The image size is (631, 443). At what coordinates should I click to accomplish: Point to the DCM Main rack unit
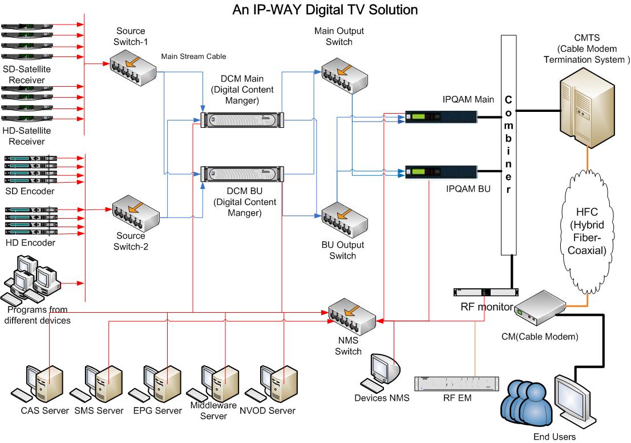pos(242,119)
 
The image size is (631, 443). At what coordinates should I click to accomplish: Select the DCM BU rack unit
pos(242,174)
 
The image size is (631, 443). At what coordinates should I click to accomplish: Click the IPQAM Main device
pos(440,118)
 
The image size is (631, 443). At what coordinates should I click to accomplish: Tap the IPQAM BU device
pos(440,171)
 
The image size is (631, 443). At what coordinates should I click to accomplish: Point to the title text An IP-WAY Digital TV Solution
pos(325,10)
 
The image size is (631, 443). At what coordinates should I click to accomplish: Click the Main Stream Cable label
pos(193,56)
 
